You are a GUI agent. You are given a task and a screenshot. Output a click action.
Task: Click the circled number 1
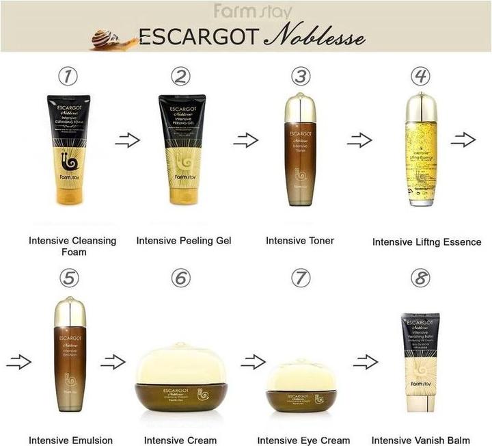(66, 77)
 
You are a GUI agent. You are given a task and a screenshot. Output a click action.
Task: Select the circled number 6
(180, 278)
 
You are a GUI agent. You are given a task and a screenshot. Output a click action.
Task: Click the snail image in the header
(107, 38)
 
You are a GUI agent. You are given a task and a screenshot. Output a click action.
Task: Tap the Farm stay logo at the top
(252, 12)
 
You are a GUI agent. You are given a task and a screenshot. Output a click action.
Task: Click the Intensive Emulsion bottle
(68, 356)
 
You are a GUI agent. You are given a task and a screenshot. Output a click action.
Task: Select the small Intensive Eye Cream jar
(301, 386)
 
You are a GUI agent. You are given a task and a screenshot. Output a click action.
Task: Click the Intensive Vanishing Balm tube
(420, 363)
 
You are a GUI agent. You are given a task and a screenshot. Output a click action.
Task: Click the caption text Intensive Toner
(300, 240)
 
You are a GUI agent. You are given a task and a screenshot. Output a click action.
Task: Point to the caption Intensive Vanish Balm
(421, 440)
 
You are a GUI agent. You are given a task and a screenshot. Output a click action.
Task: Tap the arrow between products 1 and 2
(127, 140)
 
